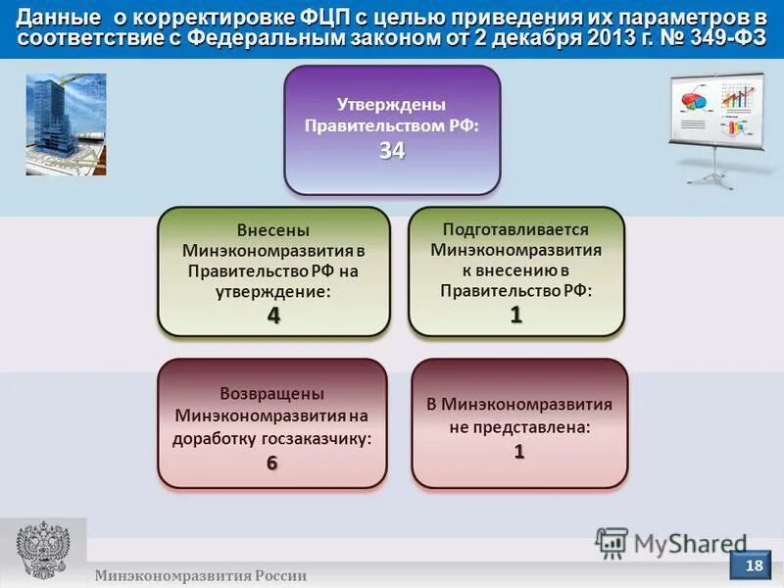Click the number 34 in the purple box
[392, 151]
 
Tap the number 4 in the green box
[273, 316]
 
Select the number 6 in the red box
[271, 464]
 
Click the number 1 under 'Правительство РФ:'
[515, 315]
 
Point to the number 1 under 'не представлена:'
[519, 452]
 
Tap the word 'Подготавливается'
[515, 229]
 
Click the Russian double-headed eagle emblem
[42, 552]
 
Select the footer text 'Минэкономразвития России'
[200, 576]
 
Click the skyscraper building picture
[66, 123]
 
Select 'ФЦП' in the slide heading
[311, 17]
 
